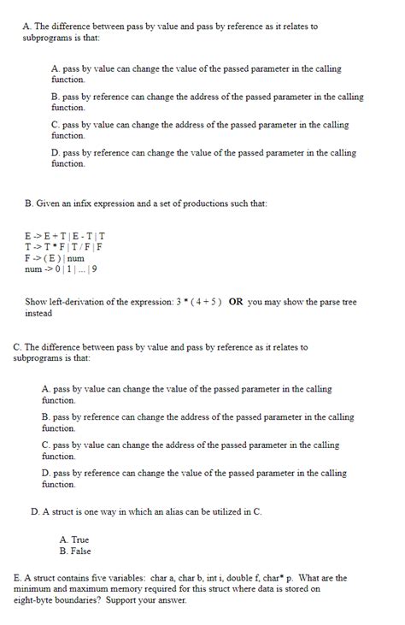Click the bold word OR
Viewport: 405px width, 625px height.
pos(236,302)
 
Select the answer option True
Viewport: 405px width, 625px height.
pos(74,540)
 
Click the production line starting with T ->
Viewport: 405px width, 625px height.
pos(64,246)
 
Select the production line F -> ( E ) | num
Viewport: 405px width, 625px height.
pos(55,257)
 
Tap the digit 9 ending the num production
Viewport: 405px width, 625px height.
pos(94,268)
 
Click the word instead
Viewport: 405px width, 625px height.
pos(38,313)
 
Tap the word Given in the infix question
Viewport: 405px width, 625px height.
pos(50,203)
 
